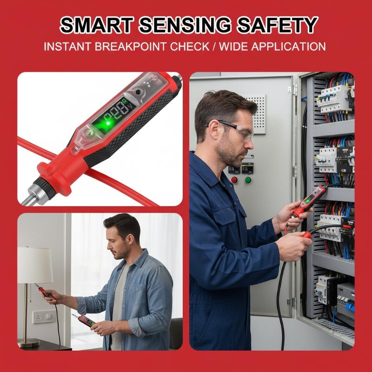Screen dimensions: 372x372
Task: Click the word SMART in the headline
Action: point(97,25)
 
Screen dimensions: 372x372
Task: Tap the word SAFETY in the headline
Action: point(277,25)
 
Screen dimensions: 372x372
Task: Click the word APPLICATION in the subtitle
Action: point(288,46)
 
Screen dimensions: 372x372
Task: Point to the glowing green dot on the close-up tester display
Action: point(108,123)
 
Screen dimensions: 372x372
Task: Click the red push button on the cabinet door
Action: point(234,180)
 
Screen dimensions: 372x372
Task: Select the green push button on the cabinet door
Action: point(248,180)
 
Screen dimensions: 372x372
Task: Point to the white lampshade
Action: point(35,265)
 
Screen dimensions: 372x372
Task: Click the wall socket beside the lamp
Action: point(44,317)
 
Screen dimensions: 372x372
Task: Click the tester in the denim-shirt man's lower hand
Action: point(85,320)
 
